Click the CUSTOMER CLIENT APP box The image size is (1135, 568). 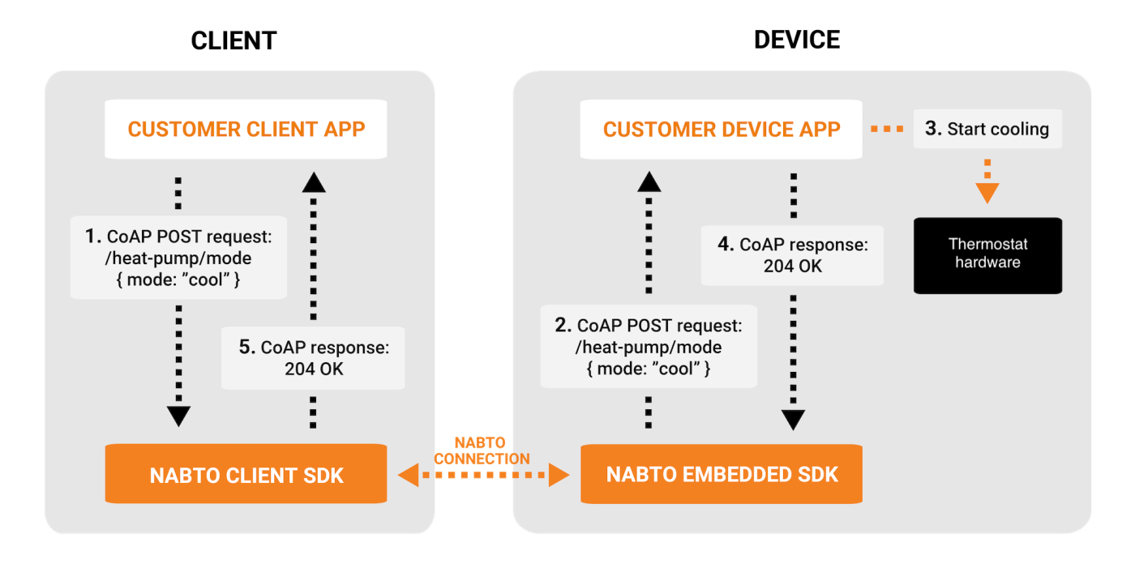tap(246, 129)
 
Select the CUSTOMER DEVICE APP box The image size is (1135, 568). tap(722, 129)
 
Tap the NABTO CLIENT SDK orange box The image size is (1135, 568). tap(246, 475)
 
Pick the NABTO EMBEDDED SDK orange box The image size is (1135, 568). tap(722, 475)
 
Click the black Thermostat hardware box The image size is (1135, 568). tap(987, 254)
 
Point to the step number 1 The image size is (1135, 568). tap(92, 237)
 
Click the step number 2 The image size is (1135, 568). tap(563, 326)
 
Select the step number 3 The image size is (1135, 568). tap(933, 129)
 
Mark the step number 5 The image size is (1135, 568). tap(247, 347)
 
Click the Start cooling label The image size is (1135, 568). tap(998, 129)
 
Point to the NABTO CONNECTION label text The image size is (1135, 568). tap(481, 451)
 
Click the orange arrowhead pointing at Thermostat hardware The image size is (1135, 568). tap(987, 193)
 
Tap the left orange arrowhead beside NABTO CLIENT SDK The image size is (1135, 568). tap(408, 476)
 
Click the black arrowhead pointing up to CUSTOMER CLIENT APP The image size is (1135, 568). tap(313, 182)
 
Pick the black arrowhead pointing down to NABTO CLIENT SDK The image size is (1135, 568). tap(178, 416)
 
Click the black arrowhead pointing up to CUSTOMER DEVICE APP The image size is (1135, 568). tap(649, 182)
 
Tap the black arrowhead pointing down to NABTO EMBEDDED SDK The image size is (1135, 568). tap(793, 419)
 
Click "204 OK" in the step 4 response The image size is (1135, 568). tap(792, 265)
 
